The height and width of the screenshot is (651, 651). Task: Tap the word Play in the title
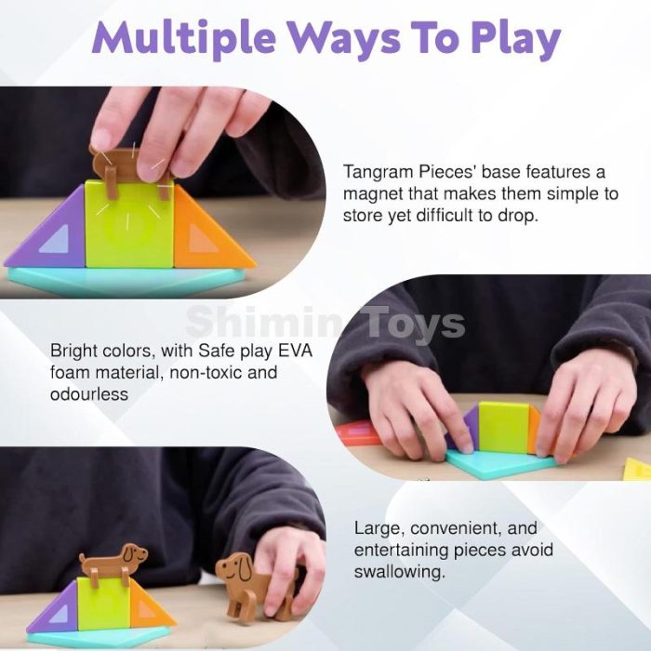pyautogui.click(x=515, y=39)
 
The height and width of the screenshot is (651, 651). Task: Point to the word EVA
pyautogui.click(x=295, y=351)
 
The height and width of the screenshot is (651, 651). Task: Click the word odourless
pyautogui.click(x=89, y=393)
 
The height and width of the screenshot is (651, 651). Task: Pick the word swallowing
pyautogui.click(x=399, y=572)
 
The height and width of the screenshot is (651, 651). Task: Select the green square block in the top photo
pyautogui.click(x=129, y=224)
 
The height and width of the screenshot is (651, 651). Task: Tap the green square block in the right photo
pyautogui.click(x=503, y=428)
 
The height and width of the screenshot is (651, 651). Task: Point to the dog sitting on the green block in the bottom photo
pyautogui.click(x=113, y=562)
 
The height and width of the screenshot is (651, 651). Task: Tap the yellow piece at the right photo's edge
pyautogui.click(x=639, y=469)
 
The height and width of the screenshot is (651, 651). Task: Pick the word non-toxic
pyautogui.click(x=206, y=372)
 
